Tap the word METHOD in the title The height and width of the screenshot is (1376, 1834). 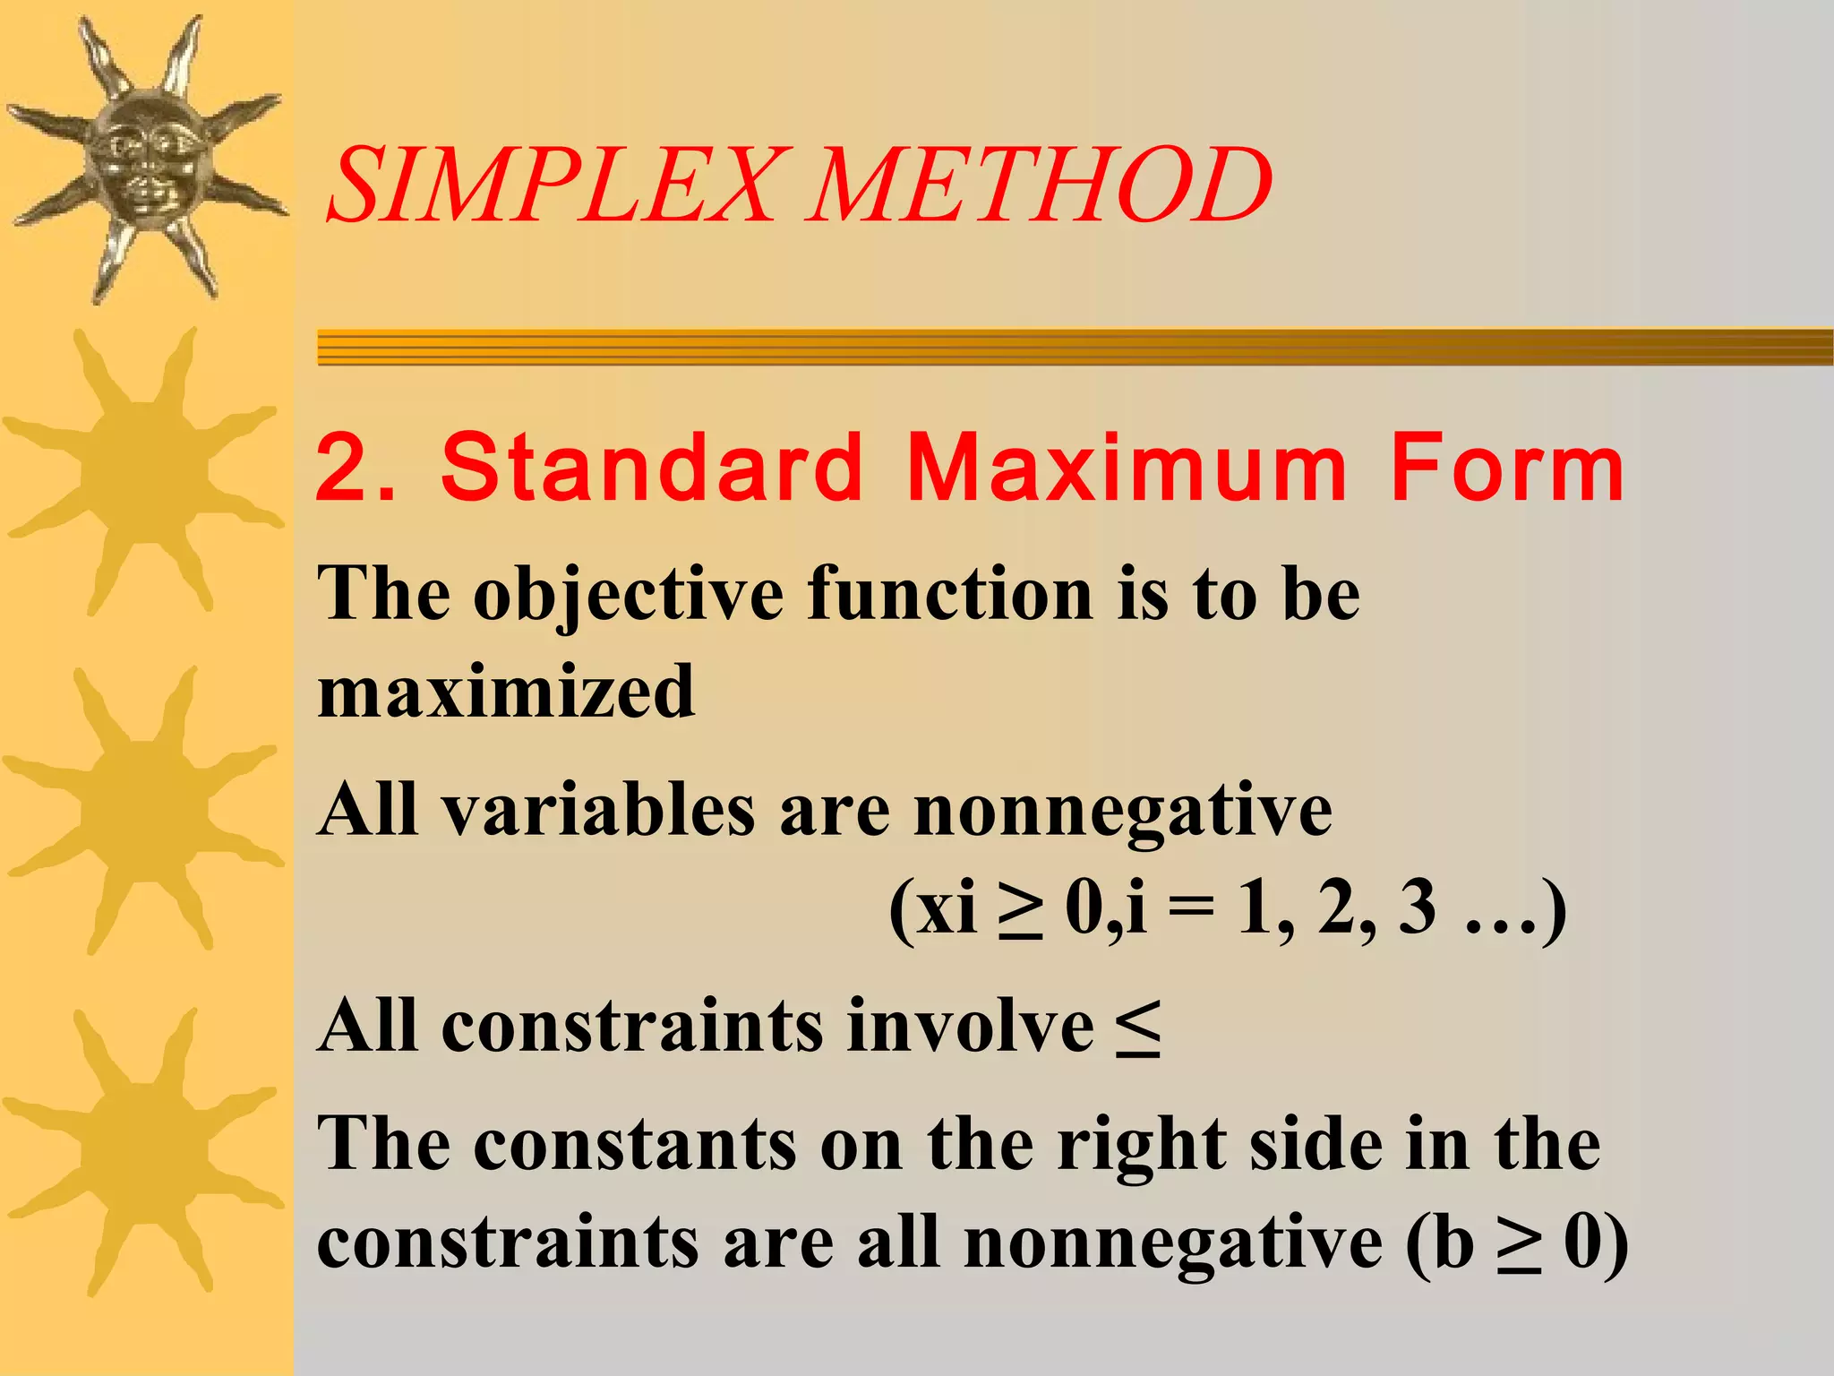pos(1039,186)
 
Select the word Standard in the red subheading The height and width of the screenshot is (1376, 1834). pos(652,468)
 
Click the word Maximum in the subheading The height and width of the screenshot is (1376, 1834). pos(1127,468)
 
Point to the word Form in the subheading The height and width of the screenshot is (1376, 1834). pos(1506,468)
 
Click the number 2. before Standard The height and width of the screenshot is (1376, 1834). pos(355,468)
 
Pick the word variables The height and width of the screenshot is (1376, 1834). pos(599,810)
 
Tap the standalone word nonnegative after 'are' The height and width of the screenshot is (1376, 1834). pos(1122,812)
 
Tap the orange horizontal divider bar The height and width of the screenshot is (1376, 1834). pos(1075,347)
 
